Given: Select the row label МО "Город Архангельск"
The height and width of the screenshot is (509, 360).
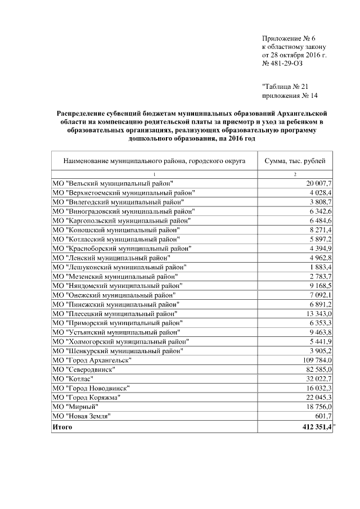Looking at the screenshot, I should coord(92,360).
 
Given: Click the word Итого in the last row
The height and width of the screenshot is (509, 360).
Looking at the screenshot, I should coord(62,428).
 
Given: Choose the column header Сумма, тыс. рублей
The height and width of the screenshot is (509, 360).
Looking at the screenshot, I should coord(295,161).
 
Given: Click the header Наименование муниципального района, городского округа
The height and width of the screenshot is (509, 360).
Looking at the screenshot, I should coord(154,161).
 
